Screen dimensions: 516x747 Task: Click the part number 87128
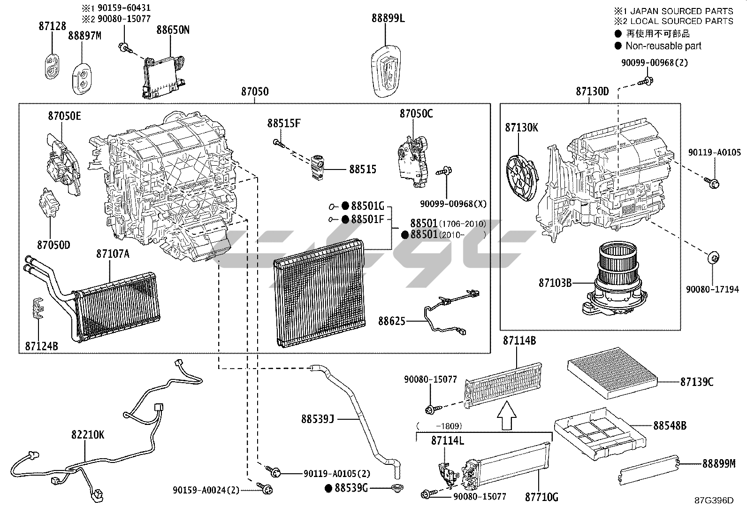[52, 27]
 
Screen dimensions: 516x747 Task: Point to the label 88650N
[173, 30]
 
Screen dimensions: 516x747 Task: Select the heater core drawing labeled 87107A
[117, 305]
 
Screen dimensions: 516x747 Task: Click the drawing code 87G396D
[714, 501]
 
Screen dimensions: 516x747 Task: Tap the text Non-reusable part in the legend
[663, 46]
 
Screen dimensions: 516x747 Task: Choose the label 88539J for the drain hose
[317, 418]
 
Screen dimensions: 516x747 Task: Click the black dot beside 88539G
[329, 488]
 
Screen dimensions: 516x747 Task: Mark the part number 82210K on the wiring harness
[88, 435]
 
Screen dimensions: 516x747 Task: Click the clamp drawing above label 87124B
[38, 308]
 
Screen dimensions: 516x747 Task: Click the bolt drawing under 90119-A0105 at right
[711, 183]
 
